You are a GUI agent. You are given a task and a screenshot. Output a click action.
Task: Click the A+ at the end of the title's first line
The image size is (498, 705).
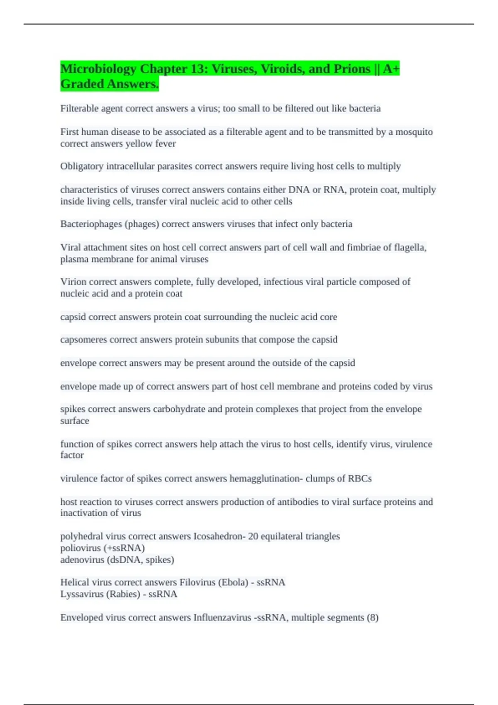[x=391, y=69]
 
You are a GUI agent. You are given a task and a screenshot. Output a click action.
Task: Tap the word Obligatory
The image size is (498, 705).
[x=82, y=166]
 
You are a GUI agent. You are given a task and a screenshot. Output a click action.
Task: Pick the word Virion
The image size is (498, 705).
[x=73, y=282]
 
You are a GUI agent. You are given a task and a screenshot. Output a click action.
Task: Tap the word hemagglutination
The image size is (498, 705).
[x=265, y=479]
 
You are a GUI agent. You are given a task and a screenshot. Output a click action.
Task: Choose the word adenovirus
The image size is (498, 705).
[x=81, y=560]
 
